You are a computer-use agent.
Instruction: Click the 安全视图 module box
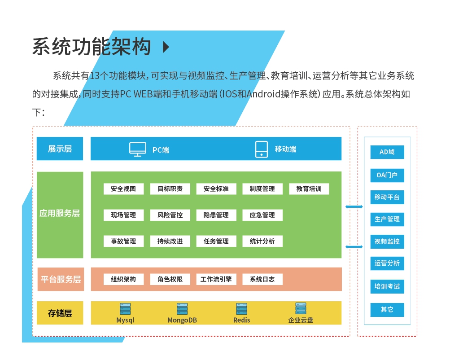point(123,189)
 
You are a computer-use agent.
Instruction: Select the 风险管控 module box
point(170,215)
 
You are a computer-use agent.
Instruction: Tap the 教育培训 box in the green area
point(309,189)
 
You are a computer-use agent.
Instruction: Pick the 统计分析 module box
point(262,241)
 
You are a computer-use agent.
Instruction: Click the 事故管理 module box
point(123,241)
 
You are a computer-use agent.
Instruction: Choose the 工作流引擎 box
point(216,279)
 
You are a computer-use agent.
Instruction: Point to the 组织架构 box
point(123,279)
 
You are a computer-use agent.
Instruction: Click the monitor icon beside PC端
point(138,149)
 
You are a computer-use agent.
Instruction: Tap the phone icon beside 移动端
point(261,149)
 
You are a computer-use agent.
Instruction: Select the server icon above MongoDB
point(182,309)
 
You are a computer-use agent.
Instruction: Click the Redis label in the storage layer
point(242,320)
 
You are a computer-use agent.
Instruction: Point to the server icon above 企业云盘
point(301,308)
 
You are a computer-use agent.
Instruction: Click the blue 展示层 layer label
point(60,149)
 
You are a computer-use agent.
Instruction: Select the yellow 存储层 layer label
point(60,313)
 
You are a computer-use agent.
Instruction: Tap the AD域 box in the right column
point(387,152)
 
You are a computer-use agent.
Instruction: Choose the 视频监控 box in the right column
point(387,241)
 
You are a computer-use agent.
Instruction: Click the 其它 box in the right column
point(387,310)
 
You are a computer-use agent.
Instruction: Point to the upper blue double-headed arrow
point(354,206)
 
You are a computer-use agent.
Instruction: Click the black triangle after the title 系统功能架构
point(166,47)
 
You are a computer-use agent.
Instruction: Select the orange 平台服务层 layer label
point(60,279)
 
